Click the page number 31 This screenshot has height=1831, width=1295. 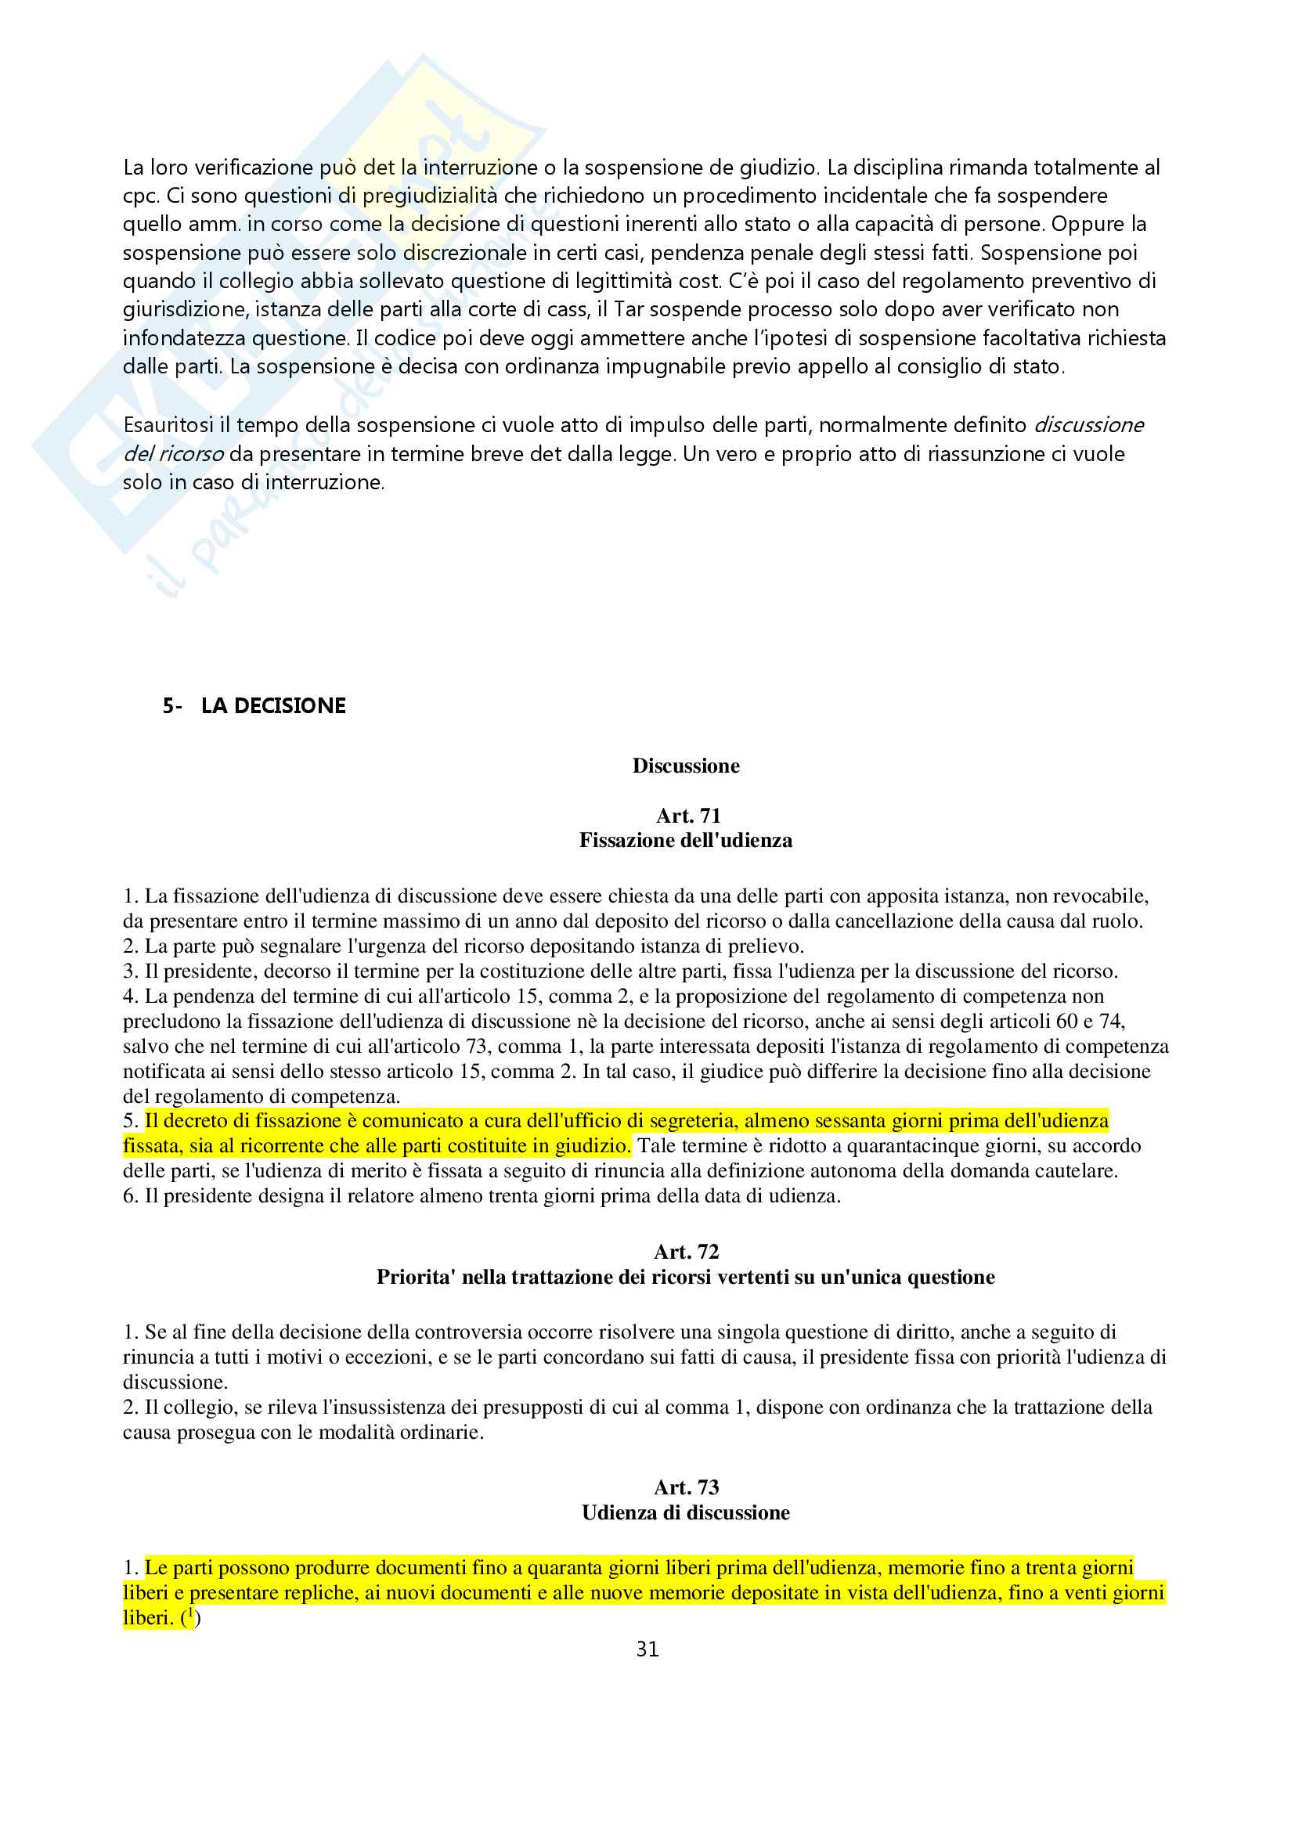pos(647,1649)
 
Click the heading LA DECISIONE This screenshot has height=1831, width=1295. pos(272,706)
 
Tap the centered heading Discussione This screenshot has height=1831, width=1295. pos(686,766)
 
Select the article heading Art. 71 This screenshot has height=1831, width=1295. pos(687,815)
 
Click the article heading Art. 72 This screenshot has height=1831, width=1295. pos(686,1251)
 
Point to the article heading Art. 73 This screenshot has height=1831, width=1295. pos(686,1487)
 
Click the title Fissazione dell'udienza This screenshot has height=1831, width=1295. pos(686,841)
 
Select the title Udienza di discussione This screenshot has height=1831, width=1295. pos(686,1513)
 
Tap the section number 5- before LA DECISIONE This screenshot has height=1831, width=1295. pos(172,706)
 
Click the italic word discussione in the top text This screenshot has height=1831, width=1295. pos(1088,425)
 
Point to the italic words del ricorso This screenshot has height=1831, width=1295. pos(173,454)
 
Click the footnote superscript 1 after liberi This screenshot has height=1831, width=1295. pos(190,1613)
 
